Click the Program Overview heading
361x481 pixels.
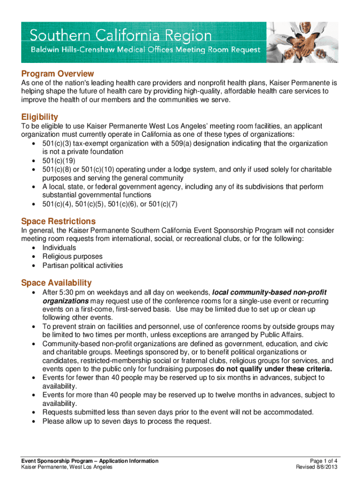point(57,74)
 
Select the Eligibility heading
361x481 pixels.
point(39,117)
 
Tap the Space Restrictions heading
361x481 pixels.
point(58,221)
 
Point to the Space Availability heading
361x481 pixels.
point(56,283)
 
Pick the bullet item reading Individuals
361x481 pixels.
point(59,248)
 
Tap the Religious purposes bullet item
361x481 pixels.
point(72,256)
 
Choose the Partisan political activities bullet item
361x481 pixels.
point(83,265)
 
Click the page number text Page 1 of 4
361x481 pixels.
point(321,461)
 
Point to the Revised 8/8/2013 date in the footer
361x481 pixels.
point(317,467)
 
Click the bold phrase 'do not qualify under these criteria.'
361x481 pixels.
point(274,369)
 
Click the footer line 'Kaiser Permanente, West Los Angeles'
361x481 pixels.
point(66,467)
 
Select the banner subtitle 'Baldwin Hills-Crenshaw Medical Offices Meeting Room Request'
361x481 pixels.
point(145,49)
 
